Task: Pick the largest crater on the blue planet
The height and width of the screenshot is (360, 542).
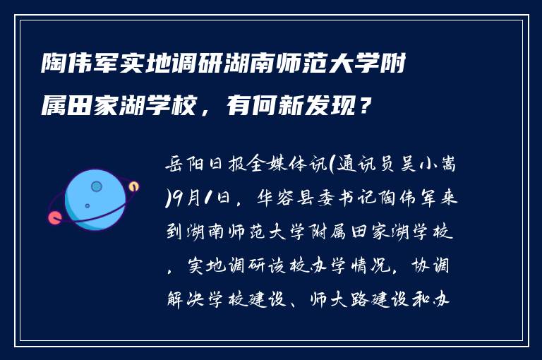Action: pyautogui.click(x=97, y=187)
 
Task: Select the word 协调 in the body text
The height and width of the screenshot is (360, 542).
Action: pyautogui.click(x=441, y=268)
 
